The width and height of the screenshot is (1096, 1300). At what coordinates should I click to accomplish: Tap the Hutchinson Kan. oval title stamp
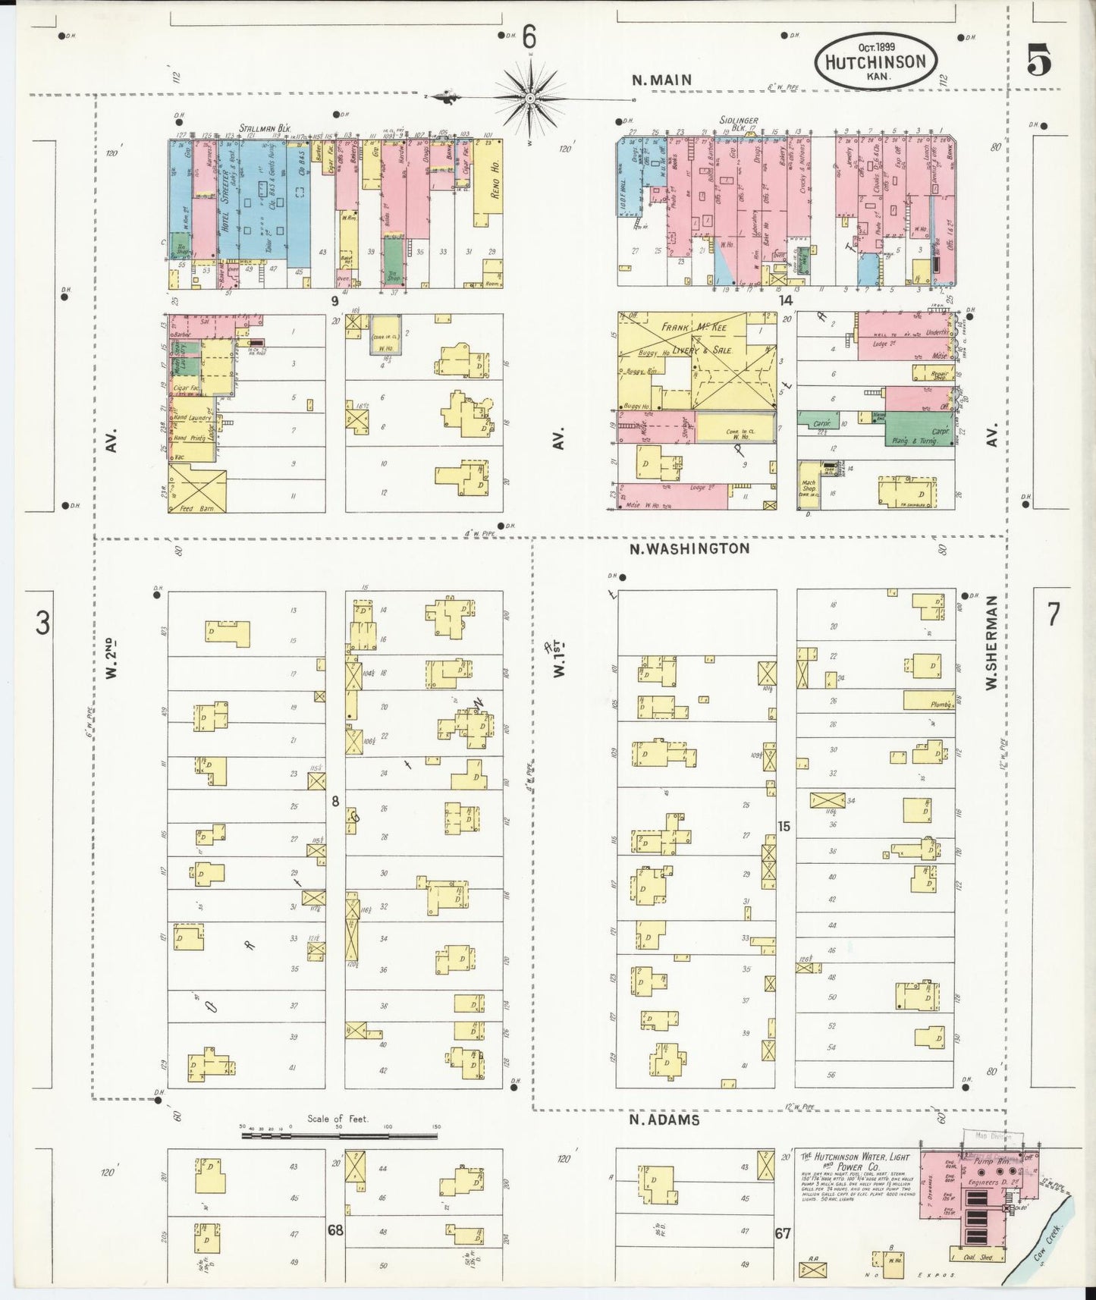tap(876, 60)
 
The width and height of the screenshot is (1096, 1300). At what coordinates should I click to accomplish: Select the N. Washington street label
tap(690, 548)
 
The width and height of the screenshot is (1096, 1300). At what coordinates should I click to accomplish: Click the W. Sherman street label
tap(991, 642)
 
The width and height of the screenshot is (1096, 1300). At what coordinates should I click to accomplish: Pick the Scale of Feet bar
tap(340, 1135)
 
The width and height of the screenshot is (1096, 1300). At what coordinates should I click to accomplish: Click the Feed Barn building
tap(196, 488)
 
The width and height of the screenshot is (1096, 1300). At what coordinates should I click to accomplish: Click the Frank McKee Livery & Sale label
tap(696, 338)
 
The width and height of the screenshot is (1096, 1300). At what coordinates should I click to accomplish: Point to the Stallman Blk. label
tap(265, 128)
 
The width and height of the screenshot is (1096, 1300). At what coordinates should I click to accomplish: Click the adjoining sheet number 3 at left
tap(43, 623)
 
